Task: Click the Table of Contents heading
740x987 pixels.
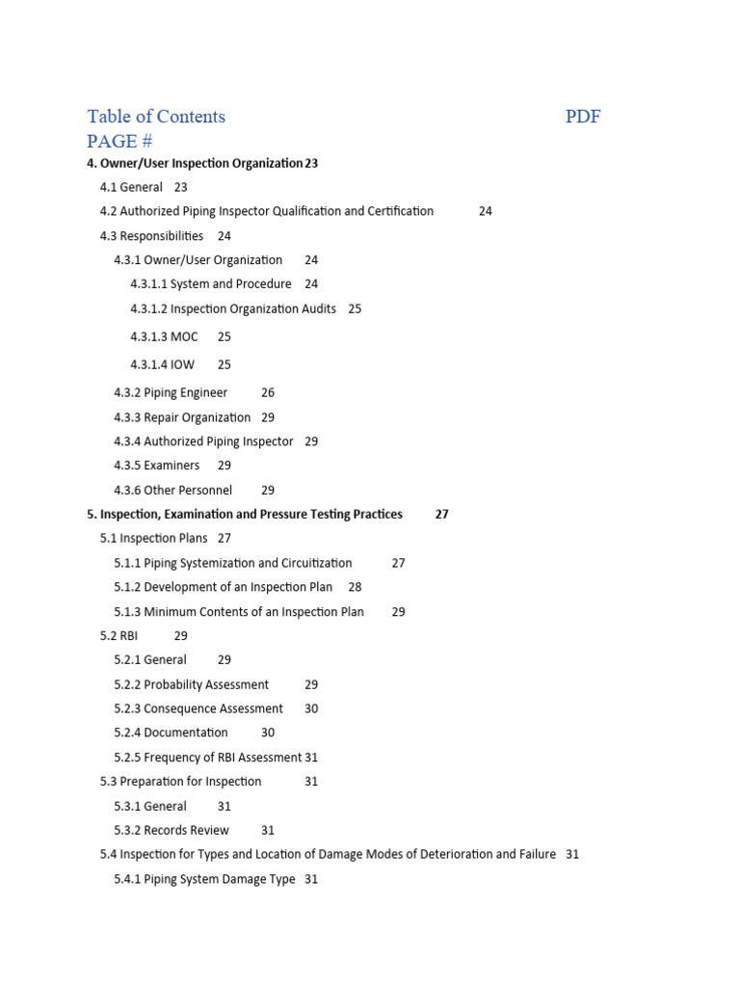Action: click(156, 117)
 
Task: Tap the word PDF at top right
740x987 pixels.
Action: click(583, 117)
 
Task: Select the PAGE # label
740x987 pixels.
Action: click(119, 142)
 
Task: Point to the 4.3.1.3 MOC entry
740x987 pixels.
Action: click(164, 336)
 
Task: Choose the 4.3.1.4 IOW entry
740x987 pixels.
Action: click(162, 364)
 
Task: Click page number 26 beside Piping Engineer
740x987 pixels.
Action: click(268, 392)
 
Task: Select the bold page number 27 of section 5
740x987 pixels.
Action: click(441, 514)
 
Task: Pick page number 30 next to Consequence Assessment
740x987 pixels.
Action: click(311, 708)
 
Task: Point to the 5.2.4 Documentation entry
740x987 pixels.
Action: click(171, 733)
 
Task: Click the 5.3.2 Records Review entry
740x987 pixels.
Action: click(172, 830)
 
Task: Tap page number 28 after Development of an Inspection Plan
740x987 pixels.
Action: click(355, 587)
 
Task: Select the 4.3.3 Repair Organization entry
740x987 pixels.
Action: click(182, 417)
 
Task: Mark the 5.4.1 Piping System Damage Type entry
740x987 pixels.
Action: click(204, 879)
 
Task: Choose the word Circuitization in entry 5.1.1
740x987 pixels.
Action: click(317, 563)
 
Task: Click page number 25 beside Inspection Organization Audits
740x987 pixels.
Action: click(355, 308)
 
